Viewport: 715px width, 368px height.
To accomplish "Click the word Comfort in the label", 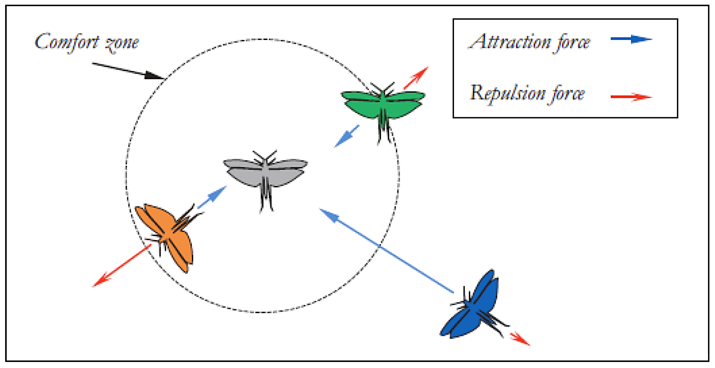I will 67,42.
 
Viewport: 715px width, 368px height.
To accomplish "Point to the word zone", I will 122,44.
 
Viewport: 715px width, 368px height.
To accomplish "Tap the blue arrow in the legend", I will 631,39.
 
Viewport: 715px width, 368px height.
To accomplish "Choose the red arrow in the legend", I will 631,97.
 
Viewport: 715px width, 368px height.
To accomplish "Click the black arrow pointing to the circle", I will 128,71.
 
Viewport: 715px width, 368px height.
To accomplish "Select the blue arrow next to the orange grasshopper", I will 212,197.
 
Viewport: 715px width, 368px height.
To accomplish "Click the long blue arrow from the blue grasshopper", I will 386,250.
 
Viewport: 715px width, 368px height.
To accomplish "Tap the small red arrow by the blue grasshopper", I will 520,339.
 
